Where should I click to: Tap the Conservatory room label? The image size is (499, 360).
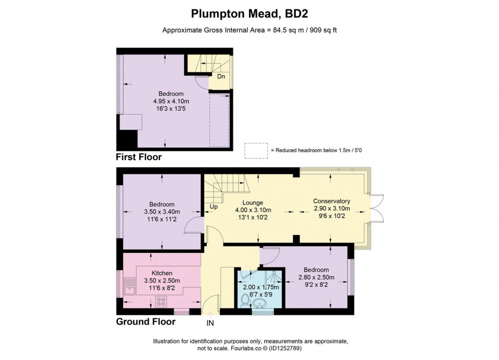[331, 201]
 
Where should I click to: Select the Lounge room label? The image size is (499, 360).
[252, 202]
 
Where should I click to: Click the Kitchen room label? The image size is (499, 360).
[161, 273]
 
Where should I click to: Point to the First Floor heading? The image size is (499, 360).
[139, 157]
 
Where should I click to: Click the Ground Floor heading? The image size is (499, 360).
[146, 321]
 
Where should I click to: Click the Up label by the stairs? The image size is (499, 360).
[213, 207]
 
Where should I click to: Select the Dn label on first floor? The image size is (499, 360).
[221, 77]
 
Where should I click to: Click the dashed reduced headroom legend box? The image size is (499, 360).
[256, 151]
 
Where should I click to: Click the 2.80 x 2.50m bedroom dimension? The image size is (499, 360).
[316, 278]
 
